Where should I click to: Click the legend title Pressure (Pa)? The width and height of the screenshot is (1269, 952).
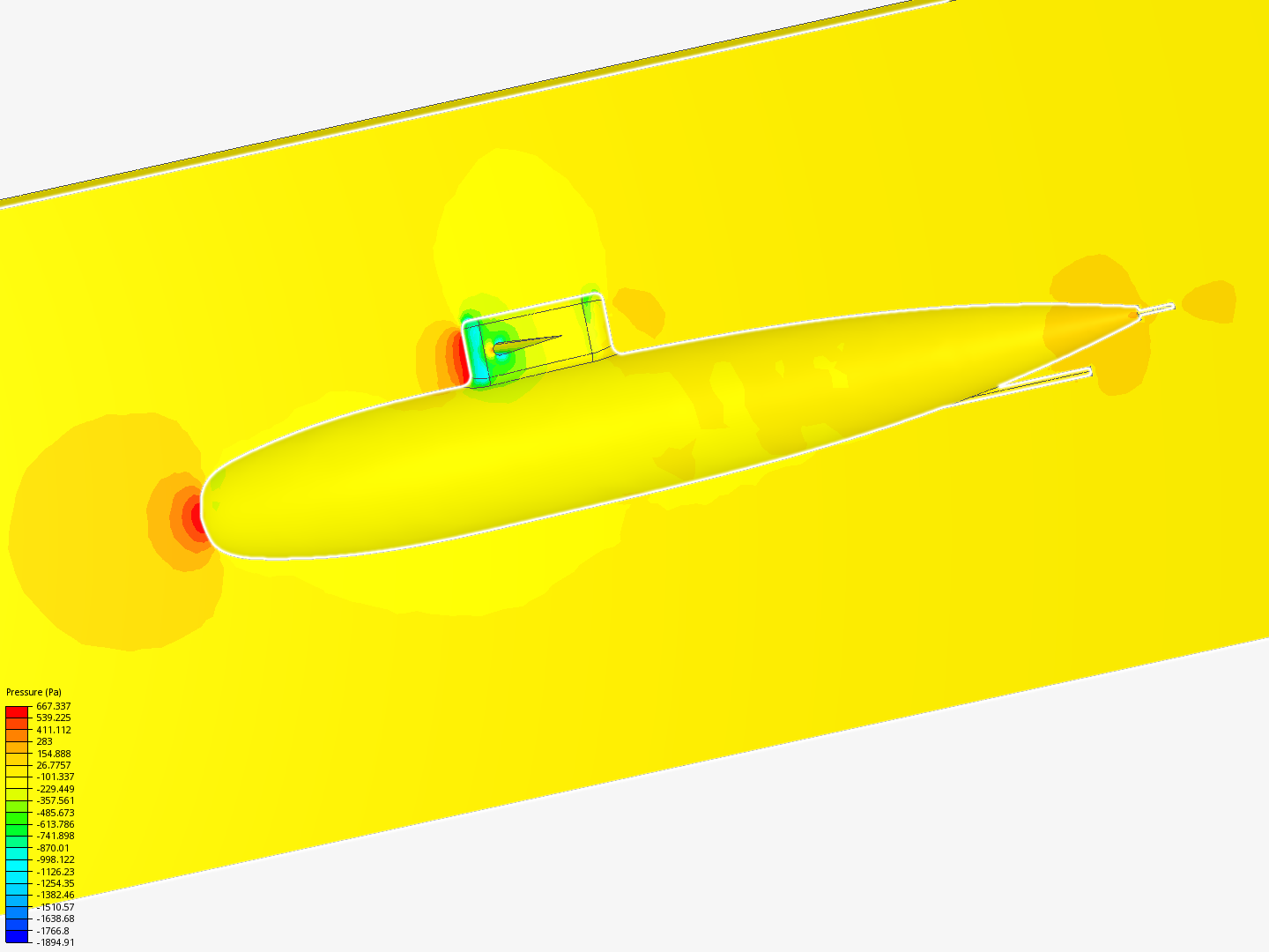(33, 692)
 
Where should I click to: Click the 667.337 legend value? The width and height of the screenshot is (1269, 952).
(53, 706)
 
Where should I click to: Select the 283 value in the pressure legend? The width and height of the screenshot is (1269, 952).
(45, 741)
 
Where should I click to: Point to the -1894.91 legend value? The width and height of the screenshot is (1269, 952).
(56, 942)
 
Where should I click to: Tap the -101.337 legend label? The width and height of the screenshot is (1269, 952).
(56, 777)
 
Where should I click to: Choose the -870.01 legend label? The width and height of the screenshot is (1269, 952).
(53, 848)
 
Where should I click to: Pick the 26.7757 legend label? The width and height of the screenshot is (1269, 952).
(53, 765)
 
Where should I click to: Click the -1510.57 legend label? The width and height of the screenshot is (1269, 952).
(56, 907)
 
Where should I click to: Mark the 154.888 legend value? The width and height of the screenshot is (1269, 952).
(53, 753)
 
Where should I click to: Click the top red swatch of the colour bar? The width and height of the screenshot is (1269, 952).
(17, 712)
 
